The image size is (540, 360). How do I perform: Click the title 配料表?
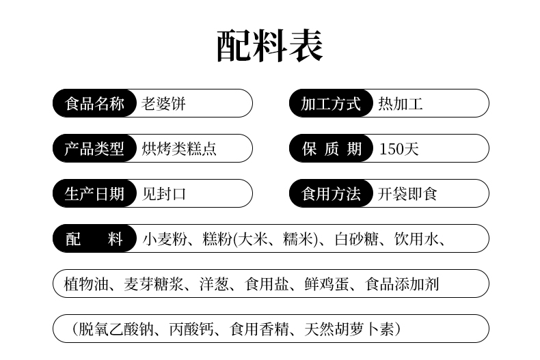(x=270, y=46)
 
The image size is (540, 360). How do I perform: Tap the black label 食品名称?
(x=94, y=103)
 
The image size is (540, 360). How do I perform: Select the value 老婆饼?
(x=163, y=104)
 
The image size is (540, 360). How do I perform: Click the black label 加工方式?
(x=331, y=103)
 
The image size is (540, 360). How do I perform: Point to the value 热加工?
(x=401, y=104)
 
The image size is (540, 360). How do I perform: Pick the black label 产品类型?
(x=94, y=148)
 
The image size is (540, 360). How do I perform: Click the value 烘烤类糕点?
(x=179, y=149)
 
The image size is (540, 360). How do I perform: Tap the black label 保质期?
(x=331, y=148)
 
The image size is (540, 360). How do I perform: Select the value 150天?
(x=399, y=149)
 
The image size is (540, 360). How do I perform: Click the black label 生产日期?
(x=94, y=193)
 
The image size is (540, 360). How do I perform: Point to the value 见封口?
(x=164, y=194)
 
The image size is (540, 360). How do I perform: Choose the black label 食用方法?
(x=331, y=193)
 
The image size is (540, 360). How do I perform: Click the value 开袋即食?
(x=407, y=194)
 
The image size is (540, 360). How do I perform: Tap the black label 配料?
(x=94, y=238)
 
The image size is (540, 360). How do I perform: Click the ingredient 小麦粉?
(x=165, y=239)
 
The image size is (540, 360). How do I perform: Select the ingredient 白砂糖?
(x=356, y=239)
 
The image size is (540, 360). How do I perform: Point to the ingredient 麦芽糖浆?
(x=154, y=284)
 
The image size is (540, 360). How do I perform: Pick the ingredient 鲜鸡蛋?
(x=327, y=284)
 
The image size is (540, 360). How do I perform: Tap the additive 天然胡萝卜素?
(x=349, y=329)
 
